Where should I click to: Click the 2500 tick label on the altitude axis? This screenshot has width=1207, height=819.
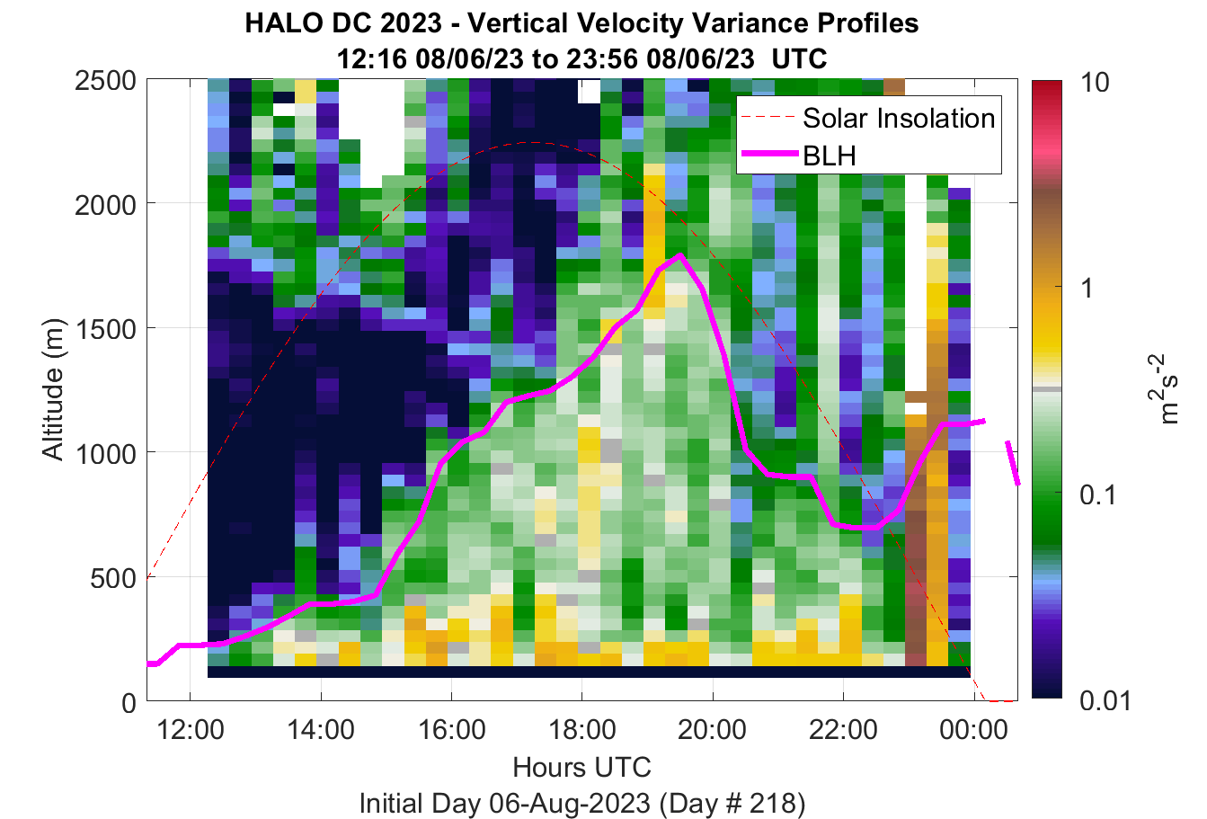pos(105,82)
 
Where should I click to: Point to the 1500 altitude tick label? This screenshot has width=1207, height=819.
pos(105,329)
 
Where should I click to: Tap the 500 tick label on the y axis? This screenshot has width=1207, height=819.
pos(113,579)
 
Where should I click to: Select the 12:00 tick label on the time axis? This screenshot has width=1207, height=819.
pos(191,730)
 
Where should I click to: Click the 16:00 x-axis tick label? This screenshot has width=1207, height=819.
pos(452,730)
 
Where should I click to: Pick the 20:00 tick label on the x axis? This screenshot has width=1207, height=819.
pos(712,730)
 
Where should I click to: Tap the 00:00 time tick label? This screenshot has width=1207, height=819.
pos(973,730)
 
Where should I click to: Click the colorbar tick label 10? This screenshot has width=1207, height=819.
pos(1095,83)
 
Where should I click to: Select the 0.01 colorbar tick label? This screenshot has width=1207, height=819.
pos(1105,700)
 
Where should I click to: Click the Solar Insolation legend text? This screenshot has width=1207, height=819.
pos(899,118)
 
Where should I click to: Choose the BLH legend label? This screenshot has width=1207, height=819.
pos(830,156)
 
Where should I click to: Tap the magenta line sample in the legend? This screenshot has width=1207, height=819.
pos(770,155)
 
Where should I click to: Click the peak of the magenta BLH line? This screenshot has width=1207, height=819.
pos(680,255)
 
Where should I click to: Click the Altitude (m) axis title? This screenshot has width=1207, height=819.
pos(53,390)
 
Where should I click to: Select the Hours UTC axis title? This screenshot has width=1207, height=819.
pos(582,767)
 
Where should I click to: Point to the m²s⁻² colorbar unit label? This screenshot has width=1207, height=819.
pos(1163,389)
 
